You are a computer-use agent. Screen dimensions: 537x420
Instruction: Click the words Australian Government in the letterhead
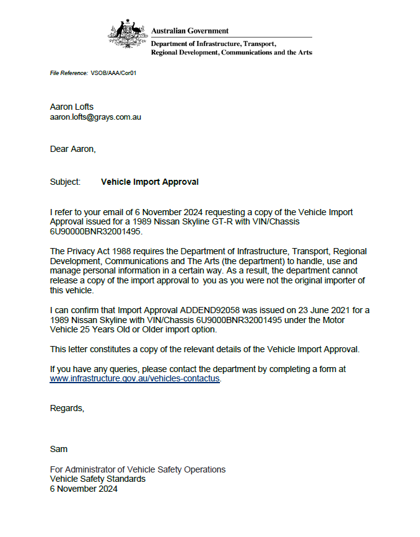[190, 30]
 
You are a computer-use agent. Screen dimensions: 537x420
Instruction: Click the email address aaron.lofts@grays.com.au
[95, 117]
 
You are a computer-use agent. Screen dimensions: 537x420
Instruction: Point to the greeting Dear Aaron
[72, 149]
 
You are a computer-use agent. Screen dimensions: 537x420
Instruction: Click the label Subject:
[65, 182]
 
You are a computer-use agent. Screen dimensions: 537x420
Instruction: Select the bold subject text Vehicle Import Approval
[149, 182]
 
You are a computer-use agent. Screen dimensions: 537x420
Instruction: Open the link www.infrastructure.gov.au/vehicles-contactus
[134, 378]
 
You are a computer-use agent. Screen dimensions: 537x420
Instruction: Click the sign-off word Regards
[66, 409]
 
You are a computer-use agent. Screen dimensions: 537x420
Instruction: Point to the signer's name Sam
[58, 448]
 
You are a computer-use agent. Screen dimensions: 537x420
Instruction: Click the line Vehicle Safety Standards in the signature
[98, 479]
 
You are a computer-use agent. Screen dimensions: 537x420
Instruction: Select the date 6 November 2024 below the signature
[84, 489]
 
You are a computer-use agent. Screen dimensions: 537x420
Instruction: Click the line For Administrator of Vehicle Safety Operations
[138, 469]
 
